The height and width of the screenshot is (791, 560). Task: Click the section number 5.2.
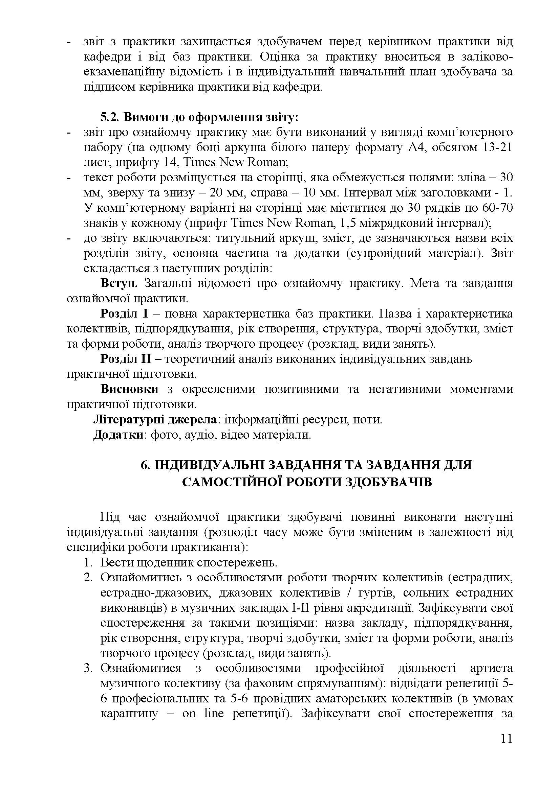coord(109,117)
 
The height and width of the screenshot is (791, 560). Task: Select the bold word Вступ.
coord(119,283)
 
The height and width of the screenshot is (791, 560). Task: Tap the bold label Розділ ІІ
coord(126,359)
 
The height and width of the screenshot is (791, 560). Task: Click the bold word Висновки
coord(129,389)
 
